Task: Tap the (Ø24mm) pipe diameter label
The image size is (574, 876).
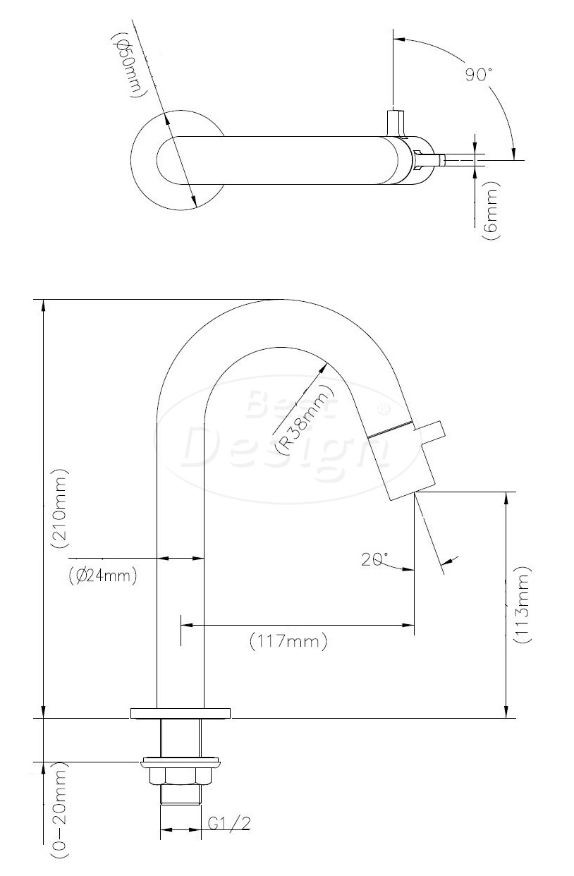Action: click(x=102, y=576)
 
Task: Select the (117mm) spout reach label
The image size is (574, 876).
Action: click(x=288, y=641)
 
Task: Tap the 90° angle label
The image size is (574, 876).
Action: click(x=479, y=74)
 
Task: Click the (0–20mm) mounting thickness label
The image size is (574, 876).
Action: click(x=59, y=806)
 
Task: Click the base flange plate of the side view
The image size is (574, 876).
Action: click(x=181, y=713)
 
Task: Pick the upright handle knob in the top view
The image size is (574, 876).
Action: click(x=395, y=123)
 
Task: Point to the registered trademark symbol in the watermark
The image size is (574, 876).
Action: click(x=384, y=408)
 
